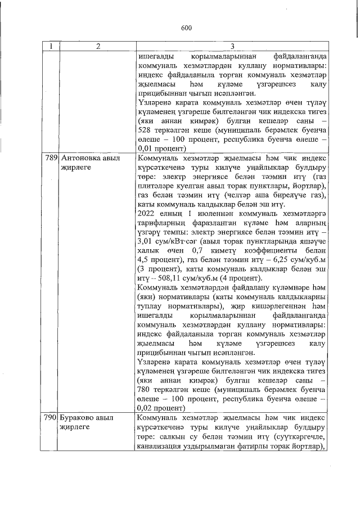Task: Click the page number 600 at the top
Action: coord(186,26)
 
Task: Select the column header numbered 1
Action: coord(49,47)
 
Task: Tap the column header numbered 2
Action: coord(97,47)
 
